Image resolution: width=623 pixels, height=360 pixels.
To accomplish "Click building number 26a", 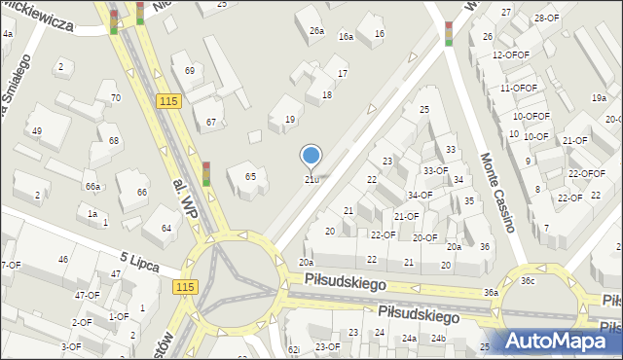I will (316, 31).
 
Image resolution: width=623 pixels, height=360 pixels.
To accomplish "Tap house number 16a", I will (346, 36).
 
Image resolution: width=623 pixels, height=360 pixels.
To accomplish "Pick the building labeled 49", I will (37, 131).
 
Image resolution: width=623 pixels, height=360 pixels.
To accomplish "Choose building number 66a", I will (92, 186).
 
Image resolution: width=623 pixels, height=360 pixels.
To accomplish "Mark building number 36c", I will (527, 281).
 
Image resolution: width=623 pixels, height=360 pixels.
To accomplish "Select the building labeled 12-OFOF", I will (510, 55).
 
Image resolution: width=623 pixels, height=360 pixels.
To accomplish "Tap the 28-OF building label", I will (546, 18).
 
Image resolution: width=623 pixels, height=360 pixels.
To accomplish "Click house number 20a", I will (306, 262).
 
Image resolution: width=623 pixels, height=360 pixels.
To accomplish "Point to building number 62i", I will (294, 348).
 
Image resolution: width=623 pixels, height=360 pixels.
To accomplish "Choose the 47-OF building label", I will (87, 294).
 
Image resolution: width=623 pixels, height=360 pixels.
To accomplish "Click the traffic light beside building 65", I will (206, 173).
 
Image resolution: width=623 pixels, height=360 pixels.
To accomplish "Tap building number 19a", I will (597, 98).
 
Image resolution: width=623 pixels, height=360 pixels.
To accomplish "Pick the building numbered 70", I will (115, 97).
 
